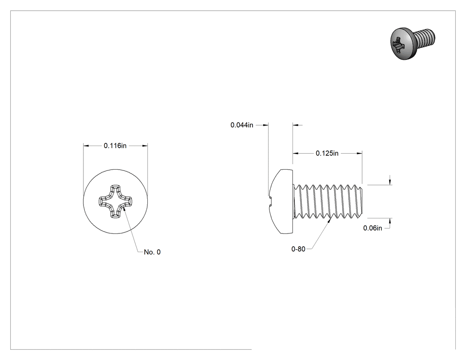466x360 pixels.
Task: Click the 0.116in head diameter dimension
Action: [115, 146]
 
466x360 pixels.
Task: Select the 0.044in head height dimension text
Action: [242, 125]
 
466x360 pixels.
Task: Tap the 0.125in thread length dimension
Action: [327, 154]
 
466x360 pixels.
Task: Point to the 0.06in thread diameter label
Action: [373, 228]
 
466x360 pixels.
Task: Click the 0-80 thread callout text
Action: [298, 249]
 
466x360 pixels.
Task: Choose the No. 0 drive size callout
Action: [152, 252]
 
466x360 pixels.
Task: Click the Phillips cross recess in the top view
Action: [115, 202]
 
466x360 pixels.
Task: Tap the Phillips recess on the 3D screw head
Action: [398, 45]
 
